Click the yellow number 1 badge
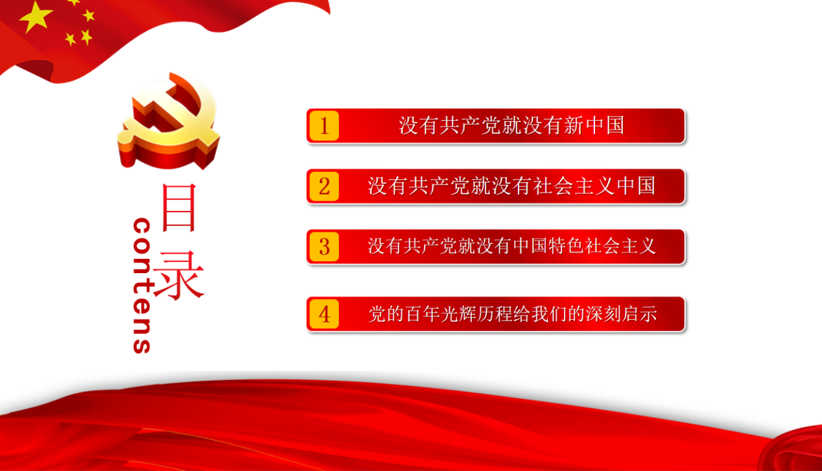pyautogui.click(x=324, y=126)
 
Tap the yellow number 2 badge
pyautogui.click(x=324, y=186)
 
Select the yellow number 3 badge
pyautogui.click(x=324, y=247)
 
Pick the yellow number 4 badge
pyautogui.click(x=324, y=314)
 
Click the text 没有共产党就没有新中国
pyautogui.click(x=511, y=126)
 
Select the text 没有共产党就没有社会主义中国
pyautogui.click(x=511, y=186)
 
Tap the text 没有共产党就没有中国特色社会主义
pyautogui.click(x=511, y=246)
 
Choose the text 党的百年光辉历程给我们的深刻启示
pyautogui.click(x=512, y=314)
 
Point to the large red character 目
pyautogui.click(x=179, y=208)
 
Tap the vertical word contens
pyautogui.click(x=142, y=285)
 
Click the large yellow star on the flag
pyautogui.click(x=36, y=16)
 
